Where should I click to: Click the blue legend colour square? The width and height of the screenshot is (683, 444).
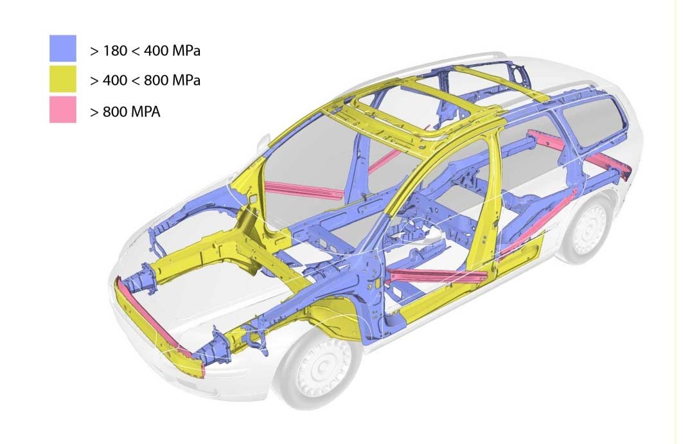coord(63,48)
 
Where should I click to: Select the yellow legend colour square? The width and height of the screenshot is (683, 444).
coord(63,79)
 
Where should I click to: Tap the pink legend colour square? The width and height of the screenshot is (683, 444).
coord(63,109)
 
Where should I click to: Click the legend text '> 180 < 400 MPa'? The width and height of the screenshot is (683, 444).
coord(145,51)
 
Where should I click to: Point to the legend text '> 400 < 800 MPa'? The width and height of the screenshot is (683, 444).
coord(145,80)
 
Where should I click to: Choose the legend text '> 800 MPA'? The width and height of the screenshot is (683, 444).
coord(125,112)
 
